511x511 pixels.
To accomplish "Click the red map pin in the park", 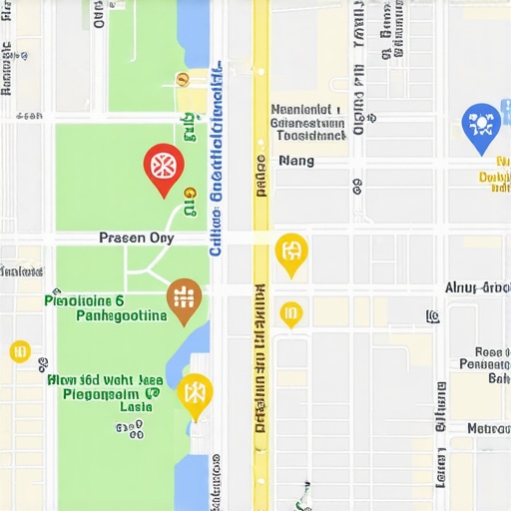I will tap(164, 168).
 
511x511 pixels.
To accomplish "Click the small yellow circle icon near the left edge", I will tap(20, 350).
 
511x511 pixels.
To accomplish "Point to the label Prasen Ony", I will tap(137, 238).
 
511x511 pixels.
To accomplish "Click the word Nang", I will tap(296, 160).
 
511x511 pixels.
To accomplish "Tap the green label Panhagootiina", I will tap(121, 315).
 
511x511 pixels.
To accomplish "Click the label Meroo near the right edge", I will tap(489, 428).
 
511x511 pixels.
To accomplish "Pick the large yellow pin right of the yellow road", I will tap(290, 253).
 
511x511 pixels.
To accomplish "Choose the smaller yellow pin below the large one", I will tap(290, 313).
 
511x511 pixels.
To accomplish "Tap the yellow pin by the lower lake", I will tap(195, 394).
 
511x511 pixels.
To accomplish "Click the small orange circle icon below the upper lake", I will tap(182, 79).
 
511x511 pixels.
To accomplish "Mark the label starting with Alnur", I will tap(477, 287).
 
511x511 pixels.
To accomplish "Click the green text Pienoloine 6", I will tap(85, 299).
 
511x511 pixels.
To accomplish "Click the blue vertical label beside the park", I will tap(216, 170).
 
